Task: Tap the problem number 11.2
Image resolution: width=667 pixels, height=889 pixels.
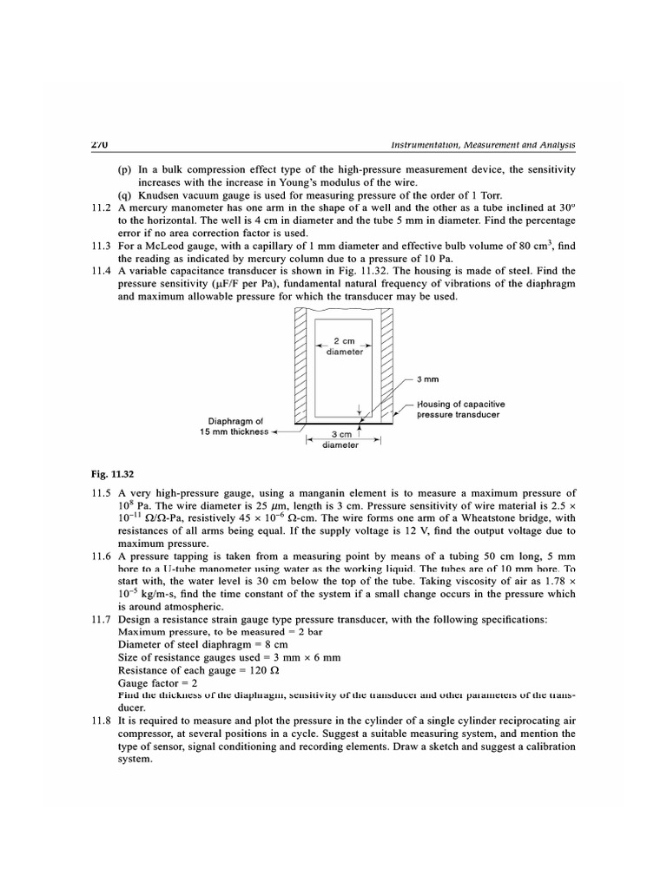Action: tap(102, 208)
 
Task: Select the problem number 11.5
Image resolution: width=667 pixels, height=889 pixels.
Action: tap(102, 493)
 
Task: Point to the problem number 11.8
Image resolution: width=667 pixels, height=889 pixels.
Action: tap(102, 721)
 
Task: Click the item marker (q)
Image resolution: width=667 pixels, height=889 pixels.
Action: tap(125, 196)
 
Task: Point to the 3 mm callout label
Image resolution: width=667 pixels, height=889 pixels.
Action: tap(428, 379)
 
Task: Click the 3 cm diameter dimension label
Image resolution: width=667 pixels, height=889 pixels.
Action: tap(340, 440)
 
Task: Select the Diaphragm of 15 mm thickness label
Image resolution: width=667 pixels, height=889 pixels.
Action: tap(229, 426)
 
